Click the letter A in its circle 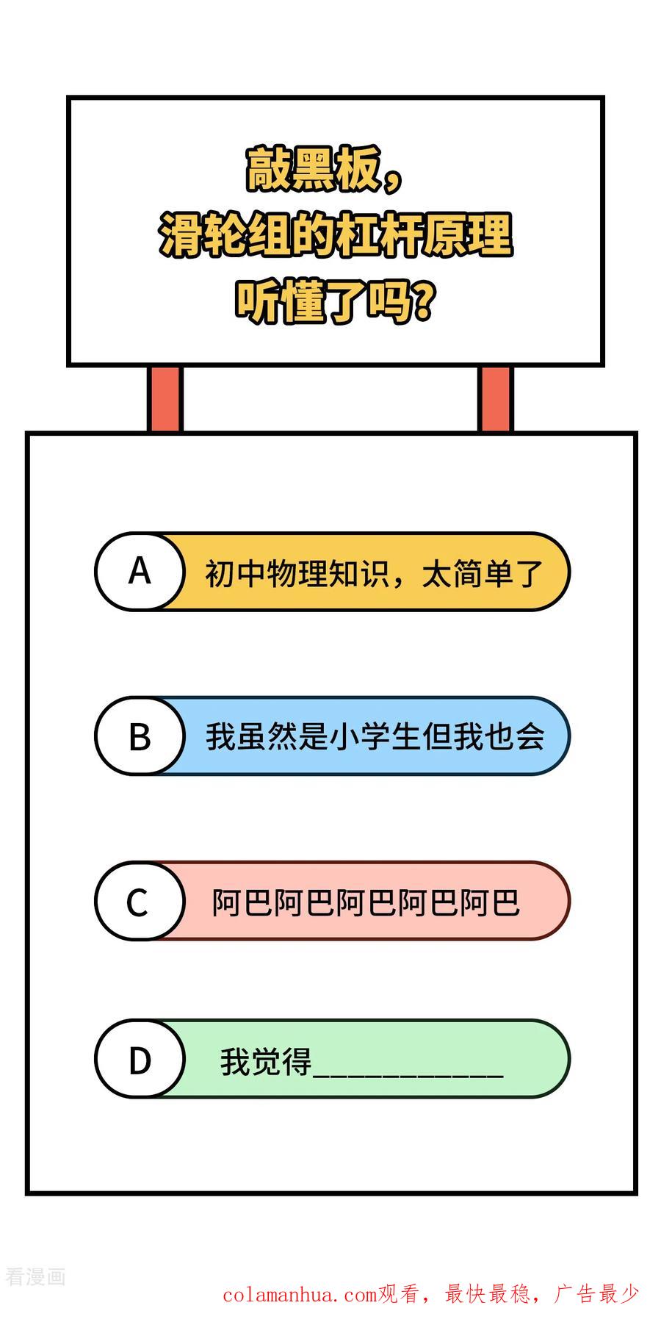(140, 571)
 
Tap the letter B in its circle (140, 736)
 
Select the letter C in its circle (137, 902)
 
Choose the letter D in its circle (140, 1060)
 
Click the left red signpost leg (165, 399)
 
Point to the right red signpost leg (496, 399)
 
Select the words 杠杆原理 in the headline (424, 235)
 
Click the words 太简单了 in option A (482, 573)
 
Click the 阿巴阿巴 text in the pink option (366, 902)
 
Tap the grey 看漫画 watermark (35, 1276)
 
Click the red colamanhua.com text (300, 1294)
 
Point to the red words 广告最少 (596, 1293)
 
